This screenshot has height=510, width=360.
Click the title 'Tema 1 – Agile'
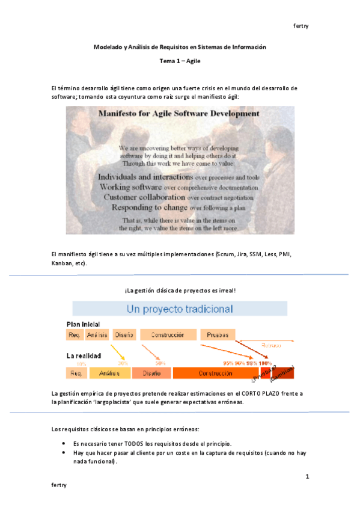click(x=180, y=61)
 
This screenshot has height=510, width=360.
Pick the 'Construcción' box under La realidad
click(x=215, y=373)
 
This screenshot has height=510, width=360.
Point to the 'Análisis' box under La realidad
click(x=109, y=373)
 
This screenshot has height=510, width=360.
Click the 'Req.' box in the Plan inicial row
click(x=75, y=334)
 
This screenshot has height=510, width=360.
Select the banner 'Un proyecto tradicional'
click(x=180, y=309)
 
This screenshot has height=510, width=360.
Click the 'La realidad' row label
click(x=83, y=355)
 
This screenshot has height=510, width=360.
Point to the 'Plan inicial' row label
click(x=83, y=324)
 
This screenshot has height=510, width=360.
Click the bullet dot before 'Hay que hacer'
click(x=64, y=453)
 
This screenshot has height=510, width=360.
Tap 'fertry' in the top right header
click(x=301, y=26)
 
